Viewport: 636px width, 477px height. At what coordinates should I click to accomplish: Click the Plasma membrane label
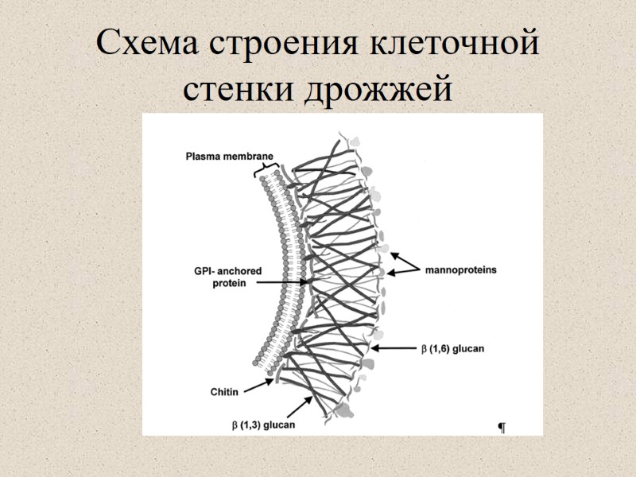pos(229,155)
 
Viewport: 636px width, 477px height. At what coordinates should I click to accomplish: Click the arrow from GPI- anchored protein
pos(279,281)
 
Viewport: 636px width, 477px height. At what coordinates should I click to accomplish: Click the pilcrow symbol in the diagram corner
pos(502,429)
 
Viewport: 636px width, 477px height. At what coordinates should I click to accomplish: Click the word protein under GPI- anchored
pos(230,282)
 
